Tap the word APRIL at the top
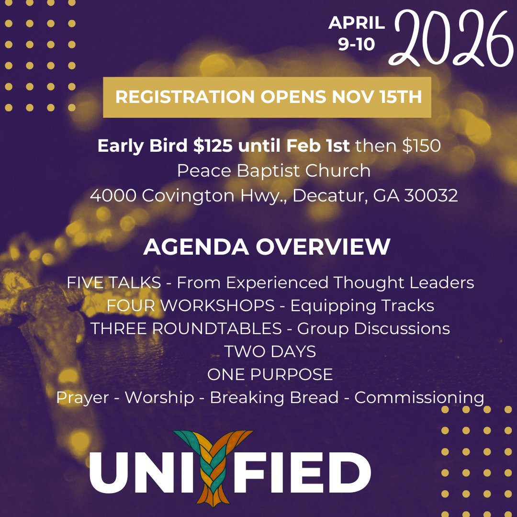[x=357, y=23]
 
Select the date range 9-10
[x=357, y=44]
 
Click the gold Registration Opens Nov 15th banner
[x=267, y=97]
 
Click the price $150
[x=421, y=146]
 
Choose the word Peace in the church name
[x=201, y=171]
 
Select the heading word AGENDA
[x=196, y=247]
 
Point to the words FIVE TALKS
[x=113, y=282]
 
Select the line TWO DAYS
[x=270, y=351]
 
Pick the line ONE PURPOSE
[x=270, y=374]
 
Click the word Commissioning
[x=419, y=397]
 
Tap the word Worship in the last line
[x=159, y=397]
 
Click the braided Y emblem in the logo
[x=214, y=467]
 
